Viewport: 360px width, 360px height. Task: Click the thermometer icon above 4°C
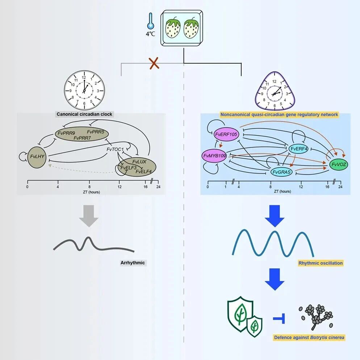(x=151, y=21)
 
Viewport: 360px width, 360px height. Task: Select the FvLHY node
(x=37, y=157)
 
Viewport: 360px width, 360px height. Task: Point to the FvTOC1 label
(x=115, y=150)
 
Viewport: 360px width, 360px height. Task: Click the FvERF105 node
(x=226, y=134)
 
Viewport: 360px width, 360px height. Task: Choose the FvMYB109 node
(x=215, y=156)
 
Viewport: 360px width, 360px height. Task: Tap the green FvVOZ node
(x=339, y=164)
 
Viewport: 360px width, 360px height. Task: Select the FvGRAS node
(x=281, y=172)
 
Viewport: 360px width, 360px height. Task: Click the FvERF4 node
(x=299, y=149)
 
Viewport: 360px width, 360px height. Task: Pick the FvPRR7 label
(x=83, y=138)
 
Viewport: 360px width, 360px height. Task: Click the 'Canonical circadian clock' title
(x=84, y=114)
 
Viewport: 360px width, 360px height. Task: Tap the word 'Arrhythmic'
(x=133, y=263)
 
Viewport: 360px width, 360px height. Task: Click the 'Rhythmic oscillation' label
(x=321, y=263)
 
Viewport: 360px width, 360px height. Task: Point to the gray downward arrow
(x=89, y=216)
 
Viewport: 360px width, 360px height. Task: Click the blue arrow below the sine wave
(x=275, y=279)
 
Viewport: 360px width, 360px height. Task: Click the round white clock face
(x=84, y=91)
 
